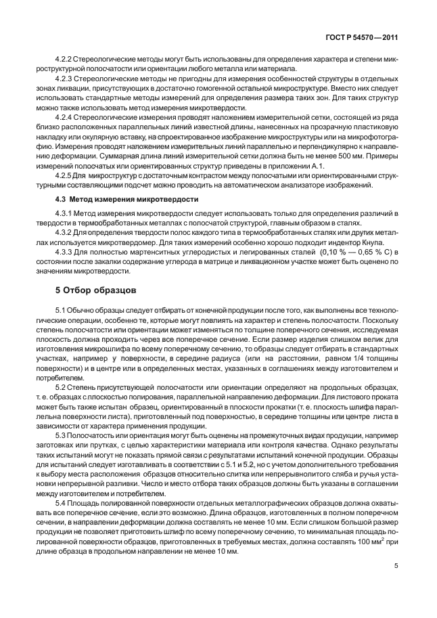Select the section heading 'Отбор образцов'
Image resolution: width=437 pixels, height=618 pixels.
pos(95,290)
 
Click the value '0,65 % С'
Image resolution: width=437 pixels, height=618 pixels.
pos(365,252)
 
